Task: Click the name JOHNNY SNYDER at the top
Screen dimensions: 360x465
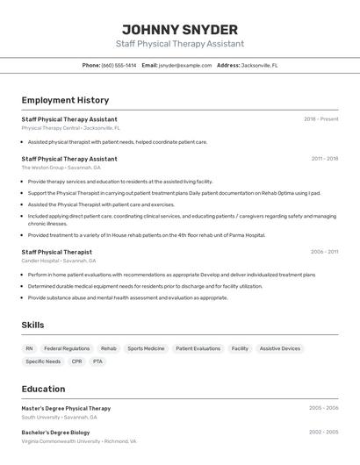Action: pyautogui.click(x=180, y=29)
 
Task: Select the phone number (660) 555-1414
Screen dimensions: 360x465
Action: pyautogui.click(x=119, y=65)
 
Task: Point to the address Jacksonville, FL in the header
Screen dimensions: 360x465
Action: pyautogui.click(x=259, y=65)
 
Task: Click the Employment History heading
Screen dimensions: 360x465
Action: pyautogui.click(x=65, y=100)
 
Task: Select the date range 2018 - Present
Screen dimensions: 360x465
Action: pyautogui.click(x=320, y=119)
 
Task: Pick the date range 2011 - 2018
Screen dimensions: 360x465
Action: pyautogui.click(x=324, y=159)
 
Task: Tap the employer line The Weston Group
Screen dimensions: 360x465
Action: pyautogui.click(x=61, y=168)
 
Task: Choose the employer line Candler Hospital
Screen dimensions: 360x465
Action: pyautogui.click(x=59, y=261)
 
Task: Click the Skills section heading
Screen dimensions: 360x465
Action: pyautogui.click(x=32, y=325)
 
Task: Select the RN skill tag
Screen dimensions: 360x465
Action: pyautogui.click(x=29, y=348)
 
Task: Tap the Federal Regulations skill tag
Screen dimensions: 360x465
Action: pyautogui.click(x=67, y=348)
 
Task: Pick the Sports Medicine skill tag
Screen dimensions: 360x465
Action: pyautogui.click(x=146, y=348)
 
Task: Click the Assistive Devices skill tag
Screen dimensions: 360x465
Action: pyautogui.click(x=279, y=348)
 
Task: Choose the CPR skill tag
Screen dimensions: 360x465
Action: pyautogui.click(x=76, y=361)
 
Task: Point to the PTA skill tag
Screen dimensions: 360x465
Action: pyautogui.click(x=97, y=361)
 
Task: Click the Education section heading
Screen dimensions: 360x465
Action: pyautogui.click(x=43, y=389)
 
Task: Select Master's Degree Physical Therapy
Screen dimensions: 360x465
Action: pyautogui.click(x=66, y=408)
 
